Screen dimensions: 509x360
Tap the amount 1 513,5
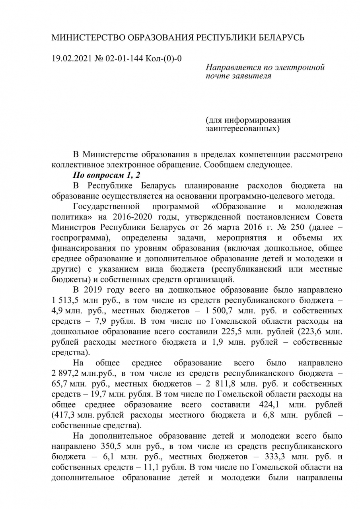pyautogui.click(x=66, y=300)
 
